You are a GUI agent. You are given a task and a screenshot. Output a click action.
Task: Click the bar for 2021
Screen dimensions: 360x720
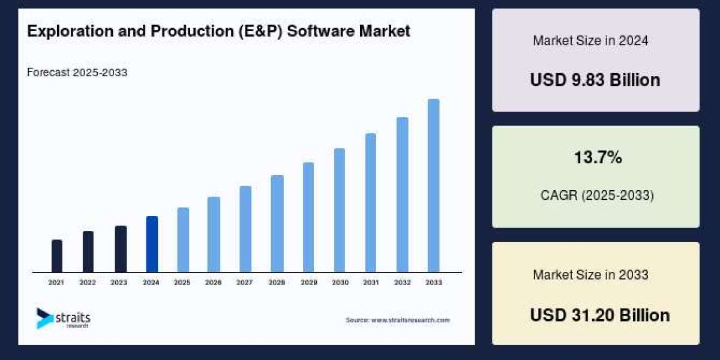pos(57,256)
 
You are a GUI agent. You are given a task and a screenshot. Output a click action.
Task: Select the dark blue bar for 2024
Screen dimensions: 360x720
pos(152,244)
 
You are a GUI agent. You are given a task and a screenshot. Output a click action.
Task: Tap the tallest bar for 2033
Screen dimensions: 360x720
pos(433,185)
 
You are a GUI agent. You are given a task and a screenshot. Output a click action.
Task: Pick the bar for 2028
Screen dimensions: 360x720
pos(277,224)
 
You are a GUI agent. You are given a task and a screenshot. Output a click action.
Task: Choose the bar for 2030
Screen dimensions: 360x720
pos(340,210)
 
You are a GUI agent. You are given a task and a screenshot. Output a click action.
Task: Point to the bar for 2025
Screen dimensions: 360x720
pos(183,240)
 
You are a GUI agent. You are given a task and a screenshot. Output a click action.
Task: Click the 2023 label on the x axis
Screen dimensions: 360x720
pos(119,282)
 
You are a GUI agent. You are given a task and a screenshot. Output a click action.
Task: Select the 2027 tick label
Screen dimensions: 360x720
pos(244,282)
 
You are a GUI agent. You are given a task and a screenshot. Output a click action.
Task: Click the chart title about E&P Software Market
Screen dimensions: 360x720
pos(218,32)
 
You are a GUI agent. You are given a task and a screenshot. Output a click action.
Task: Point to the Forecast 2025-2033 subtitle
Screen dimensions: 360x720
pos(77,73)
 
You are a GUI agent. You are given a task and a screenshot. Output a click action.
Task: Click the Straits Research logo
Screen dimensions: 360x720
pos(63,318)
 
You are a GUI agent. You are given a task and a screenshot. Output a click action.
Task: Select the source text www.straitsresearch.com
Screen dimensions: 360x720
pos(397,320)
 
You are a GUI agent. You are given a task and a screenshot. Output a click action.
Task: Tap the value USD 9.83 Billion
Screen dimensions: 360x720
pos(595,80)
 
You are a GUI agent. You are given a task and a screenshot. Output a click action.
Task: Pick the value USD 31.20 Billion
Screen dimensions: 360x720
pos(599,315)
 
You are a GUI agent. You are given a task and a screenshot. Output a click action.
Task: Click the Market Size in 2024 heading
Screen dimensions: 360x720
pos(590,41)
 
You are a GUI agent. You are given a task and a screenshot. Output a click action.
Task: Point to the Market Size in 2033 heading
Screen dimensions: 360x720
pos(590,275)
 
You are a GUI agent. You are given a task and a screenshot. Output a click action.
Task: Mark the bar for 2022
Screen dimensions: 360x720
pos(88,251)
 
